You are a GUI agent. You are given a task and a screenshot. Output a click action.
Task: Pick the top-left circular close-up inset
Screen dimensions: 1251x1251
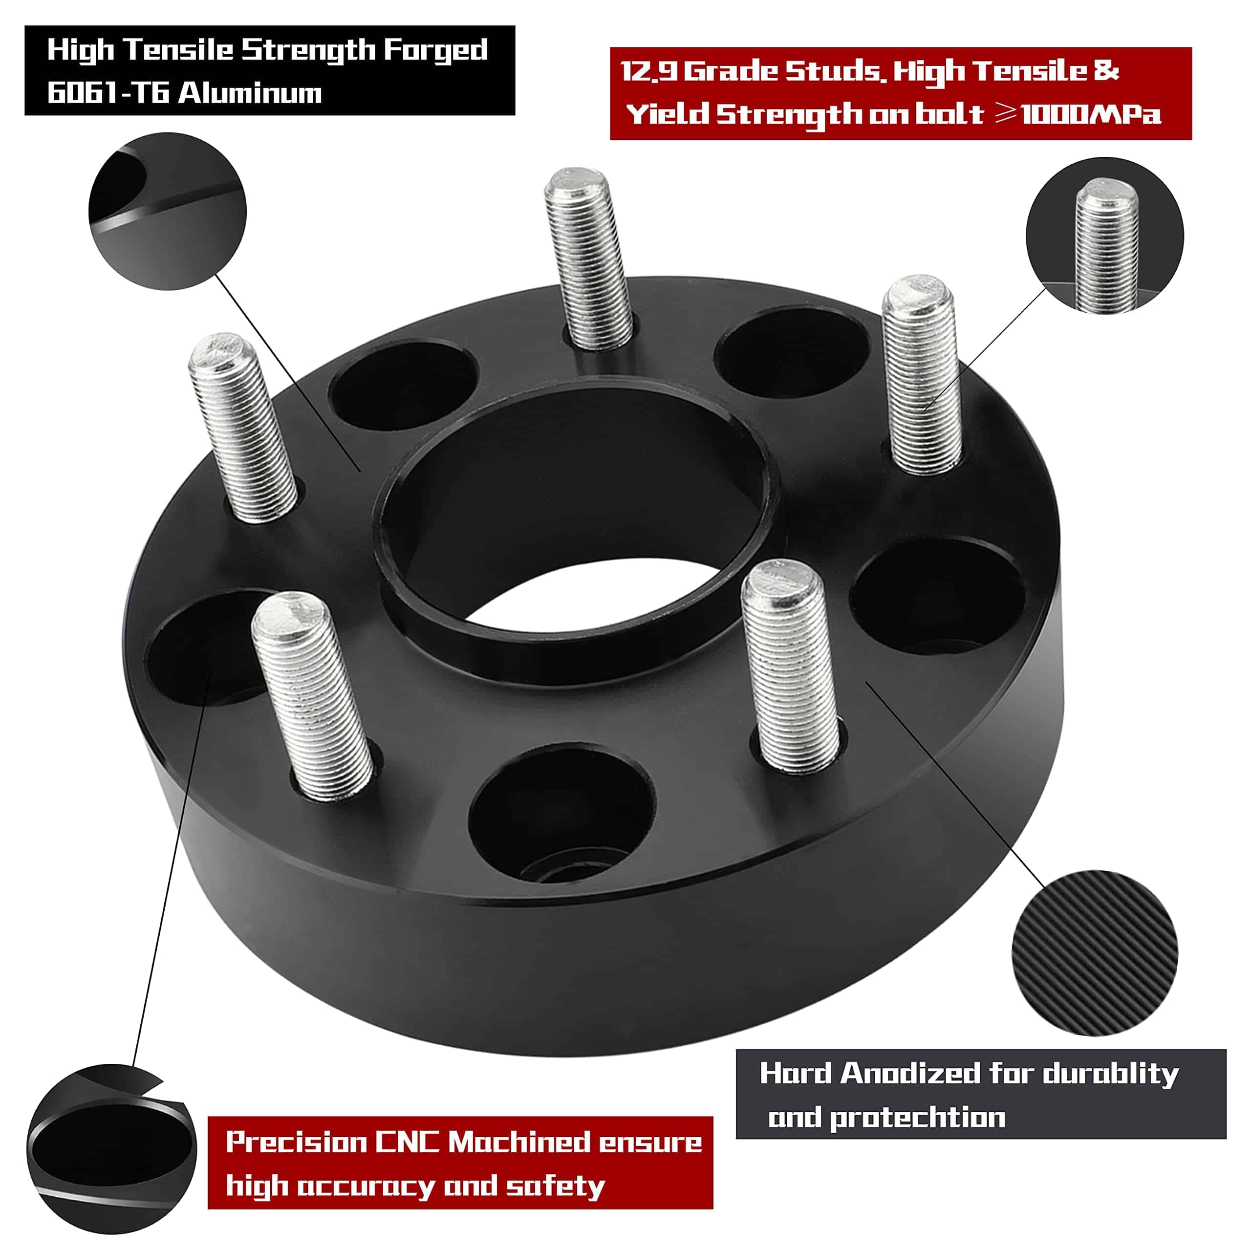coord(167,211)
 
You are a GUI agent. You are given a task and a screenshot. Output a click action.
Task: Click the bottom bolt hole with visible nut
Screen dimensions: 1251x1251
coord(561,817)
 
